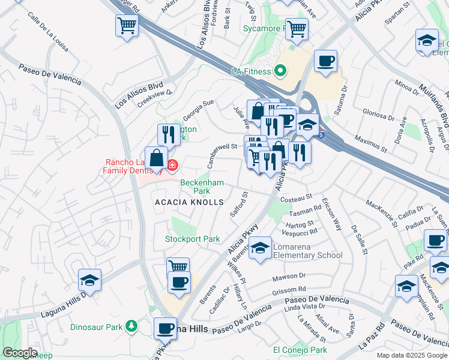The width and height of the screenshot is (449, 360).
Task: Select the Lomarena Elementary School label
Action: click(x=307, y=251)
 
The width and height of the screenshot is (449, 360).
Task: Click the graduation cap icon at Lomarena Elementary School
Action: click(x=260, y=247)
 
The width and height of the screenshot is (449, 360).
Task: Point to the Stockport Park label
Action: click(x=193, y=239)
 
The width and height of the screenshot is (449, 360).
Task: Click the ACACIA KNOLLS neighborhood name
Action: click(x=189, y=203)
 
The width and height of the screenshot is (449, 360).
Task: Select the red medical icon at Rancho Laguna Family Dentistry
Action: click(x=172, y=164)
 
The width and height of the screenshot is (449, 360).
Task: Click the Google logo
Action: click(x=20, y=353)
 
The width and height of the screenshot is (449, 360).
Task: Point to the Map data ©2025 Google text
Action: click(x=411, y=355)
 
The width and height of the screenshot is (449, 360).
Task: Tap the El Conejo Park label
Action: click(x=300, y=350)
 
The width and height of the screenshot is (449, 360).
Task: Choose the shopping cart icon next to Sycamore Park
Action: click(x=297, y=28)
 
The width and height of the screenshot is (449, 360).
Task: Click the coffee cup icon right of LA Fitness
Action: click(x=325, y=61)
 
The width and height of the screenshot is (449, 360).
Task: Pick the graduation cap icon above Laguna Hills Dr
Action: click(x=89, y=280)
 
